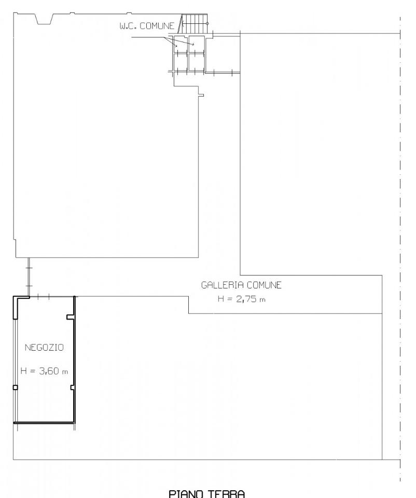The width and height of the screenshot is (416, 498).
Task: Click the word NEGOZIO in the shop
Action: pos(44,348)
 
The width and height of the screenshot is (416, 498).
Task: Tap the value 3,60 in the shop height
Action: pos(49,371)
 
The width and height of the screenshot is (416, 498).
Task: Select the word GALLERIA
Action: pos(223,285)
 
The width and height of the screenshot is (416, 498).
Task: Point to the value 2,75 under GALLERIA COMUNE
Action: pos(246,299)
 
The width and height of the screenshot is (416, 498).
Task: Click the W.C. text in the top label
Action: pos(128,26)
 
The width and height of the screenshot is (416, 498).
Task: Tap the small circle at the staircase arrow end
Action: pos(207,23)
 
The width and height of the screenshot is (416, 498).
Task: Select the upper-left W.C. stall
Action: pos(181,44)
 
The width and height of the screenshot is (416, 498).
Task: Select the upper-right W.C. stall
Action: pos(196,44)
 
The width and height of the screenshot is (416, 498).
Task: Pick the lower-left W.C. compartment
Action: pos(181,62)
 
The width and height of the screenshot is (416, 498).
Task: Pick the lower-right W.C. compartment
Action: pos(196,62)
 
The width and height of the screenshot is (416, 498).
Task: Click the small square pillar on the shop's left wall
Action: pos(15,387)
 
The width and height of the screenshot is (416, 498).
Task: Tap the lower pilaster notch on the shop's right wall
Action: pos(72,388)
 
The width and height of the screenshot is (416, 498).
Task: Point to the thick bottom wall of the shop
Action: pos(44,422)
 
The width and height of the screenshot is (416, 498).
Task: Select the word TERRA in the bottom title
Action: pos(227,494)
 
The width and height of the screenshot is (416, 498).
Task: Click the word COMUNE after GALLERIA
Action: pos(264,285)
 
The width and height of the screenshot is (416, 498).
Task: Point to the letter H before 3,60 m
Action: pos(23,371)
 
